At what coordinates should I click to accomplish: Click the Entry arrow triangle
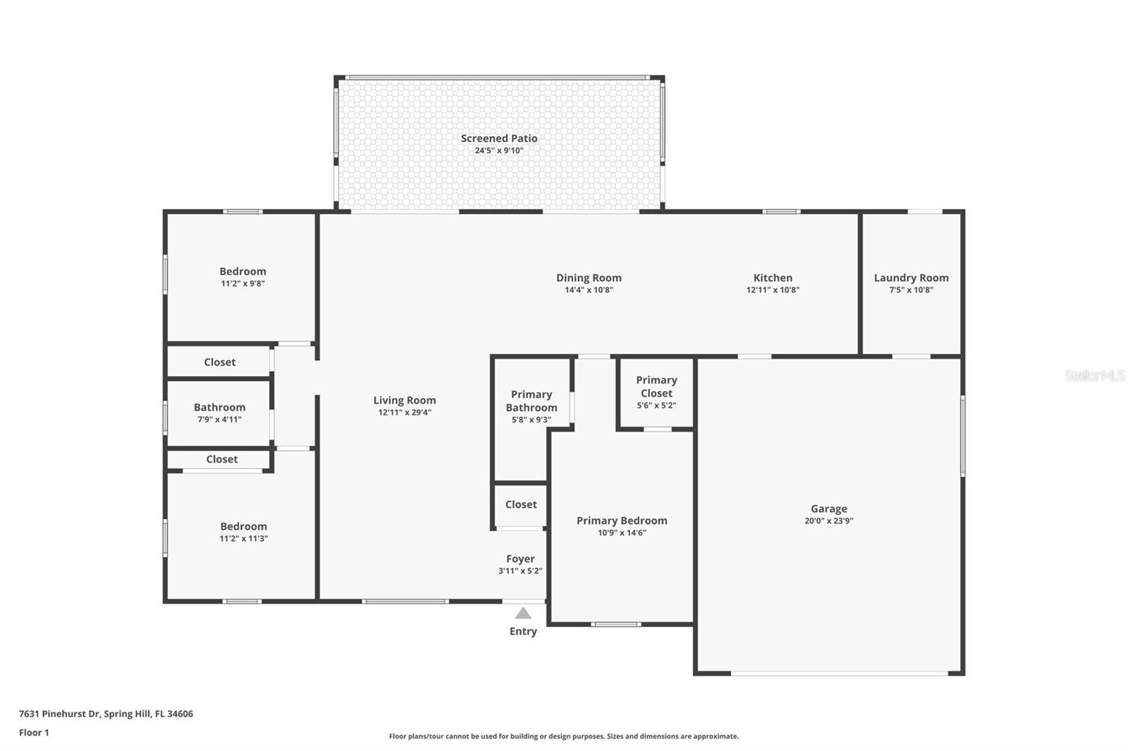click(523, 613)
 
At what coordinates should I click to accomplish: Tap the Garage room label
click(829, 509)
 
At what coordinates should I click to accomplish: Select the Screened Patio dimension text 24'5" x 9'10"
click(499, 151)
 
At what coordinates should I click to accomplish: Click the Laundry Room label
click(911, 278)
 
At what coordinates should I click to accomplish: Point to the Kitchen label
click(773, 278)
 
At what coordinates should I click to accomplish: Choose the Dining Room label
click(589, 278)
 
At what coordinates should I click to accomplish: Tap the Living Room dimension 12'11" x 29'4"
click(405, 412)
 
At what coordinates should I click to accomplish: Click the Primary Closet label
click(656, 387)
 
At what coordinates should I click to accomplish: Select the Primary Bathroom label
click(532, 401)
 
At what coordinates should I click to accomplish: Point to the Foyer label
click(520, 559)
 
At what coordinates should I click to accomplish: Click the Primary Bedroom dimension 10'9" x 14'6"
click(622, 533)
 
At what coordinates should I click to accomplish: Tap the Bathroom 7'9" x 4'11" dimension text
click(219, 419)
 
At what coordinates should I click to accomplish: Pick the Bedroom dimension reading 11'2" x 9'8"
click(243, 283)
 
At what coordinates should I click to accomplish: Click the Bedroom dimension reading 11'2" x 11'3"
click(243, 538)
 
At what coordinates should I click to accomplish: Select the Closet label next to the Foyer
click(521, 504)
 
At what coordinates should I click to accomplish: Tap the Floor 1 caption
click(35, 733)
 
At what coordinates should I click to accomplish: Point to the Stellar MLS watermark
click(1094, 375)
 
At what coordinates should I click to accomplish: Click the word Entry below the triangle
click(523, 631)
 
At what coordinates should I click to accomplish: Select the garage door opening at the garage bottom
click(840, 673)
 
